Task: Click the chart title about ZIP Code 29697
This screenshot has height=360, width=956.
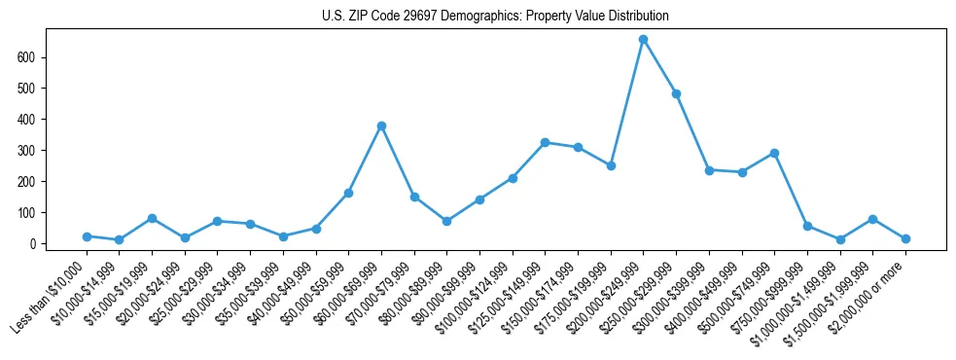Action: click(x=495, y=17)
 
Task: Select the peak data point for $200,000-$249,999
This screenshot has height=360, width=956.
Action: click(x=643, y=40)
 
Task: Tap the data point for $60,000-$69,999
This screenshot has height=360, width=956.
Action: click(x=381, y=126)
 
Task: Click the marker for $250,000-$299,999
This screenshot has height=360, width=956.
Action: click(x=676, y=94)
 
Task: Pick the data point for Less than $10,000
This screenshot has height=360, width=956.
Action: click(x=87, y=236)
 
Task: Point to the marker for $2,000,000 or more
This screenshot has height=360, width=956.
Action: click(x=905, y=238)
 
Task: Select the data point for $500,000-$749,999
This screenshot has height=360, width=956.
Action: click(x=774, y=153)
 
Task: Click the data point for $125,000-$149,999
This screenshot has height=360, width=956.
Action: click(x=545, y=142)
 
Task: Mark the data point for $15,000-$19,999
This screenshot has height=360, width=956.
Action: click(x=152, y=218)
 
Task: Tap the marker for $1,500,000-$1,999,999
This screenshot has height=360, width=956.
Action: click(x=872, y=219)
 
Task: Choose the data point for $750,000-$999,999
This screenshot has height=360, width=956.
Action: click(x=807, y=226)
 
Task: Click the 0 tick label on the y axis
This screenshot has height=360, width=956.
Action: click(x=32, y=243)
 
